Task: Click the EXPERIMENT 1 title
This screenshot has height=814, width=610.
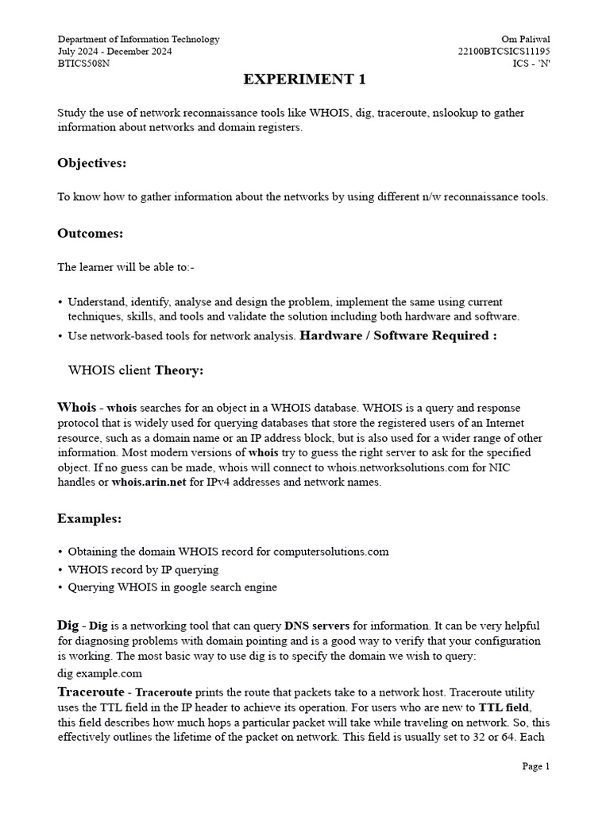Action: tap(304, 79)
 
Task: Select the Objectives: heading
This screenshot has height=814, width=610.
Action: tap(91, 163)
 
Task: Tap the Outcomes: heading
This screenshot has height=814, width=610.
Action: tap(91, 233)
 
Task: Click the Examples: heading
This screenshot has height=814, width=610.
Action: tap(90, 518)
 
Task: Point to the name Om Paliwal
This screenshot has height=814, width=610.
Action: tap(525, 40)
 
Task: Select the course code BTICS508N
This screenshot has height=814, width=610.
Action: tap(83, 64)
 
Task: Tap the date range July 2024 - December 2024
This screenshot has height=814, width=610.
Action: tap(114, 52)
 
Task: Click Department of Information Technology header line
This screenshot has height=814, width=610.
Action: tap(138, 40)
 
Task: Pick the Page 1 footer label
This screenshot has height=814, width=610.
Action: tap(535, 766)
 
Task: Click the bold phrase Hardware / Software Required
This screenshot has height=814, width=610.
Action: tap(398, 335)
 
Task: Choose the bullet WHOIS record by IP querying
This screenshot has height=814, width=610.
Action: tap(143, 569)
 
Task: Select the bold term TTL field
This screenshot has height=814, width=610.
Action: tap(504, 707)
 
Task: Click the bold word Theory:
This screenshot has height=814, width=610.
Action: tap(179, 370)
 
